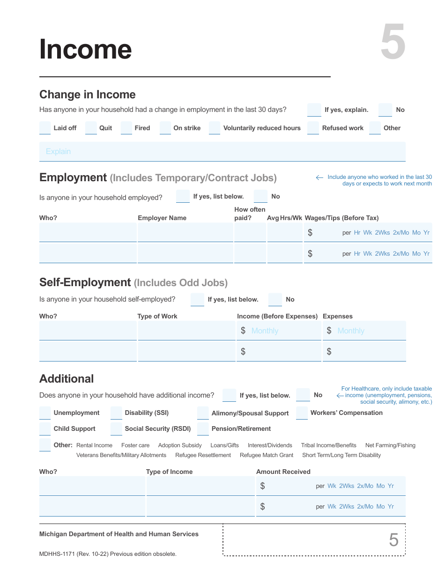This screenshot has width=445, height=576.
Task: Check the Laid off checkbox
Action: (45, 128)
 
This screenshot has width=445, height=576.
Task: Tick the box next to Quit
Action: (91, 128)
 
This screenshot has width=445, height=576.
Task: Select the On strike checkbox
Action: (165, 128)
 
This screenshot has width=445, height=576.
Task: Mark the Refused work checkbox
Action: (313, 128)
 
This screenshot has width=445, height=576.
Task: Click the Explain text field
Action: (222, 152)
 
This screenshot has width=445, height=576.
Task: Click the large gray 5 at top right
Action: (393, 43)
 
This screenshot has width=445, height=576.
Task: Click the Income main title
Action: (86, 49)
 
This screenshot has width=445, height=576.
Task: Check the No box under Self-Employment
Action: (275, 300)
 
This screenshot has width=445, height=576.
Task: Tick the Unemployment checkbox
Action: (45, 413)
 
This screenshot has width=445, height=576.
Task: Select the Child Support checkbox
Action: (45, 429)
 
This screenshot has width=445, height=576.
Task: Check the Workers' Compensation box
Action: (302, 413)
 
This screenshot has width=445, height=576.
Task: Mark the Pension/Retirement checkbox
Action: (203, 429)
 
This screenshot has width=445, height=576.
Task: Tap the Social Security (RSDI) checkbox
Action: (116, 429)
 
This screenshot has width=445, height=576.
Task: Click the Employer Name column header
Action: (162, 218)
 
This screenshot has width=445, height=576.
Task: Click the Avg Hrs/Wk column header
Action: (284, 218)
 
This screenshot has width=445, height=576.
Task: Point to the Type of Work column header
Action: (157, 317)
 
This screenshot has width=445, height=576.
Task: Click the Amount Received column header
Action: (283, 472)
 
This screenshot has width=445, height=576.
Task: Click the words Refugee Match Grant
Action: (267, 455)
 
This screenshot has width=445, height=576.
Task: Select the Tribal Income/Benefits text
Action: (329, 445)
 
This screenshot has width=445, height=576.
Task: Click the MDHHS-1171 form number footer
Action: (108, 554)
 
